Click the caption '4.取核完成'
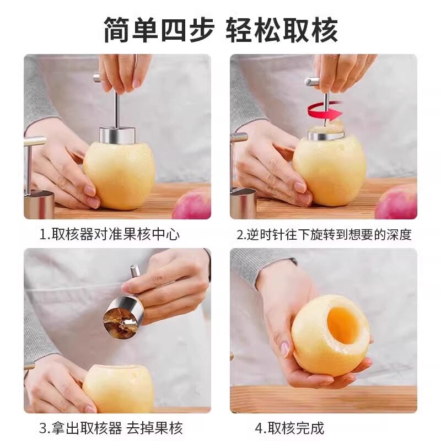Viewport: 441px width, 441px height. (x=289, y=428)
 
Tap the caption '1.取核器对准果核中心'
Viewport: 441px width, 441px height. (x=109, y=234)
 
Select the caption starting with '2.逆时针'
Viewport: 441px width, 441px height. (x=324, y=234)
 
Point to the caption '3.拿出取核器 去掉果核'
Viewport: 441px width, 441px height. (x=110, y=428)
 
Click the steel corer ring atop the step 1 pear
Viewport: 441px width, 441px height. (x=117, y=135)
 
